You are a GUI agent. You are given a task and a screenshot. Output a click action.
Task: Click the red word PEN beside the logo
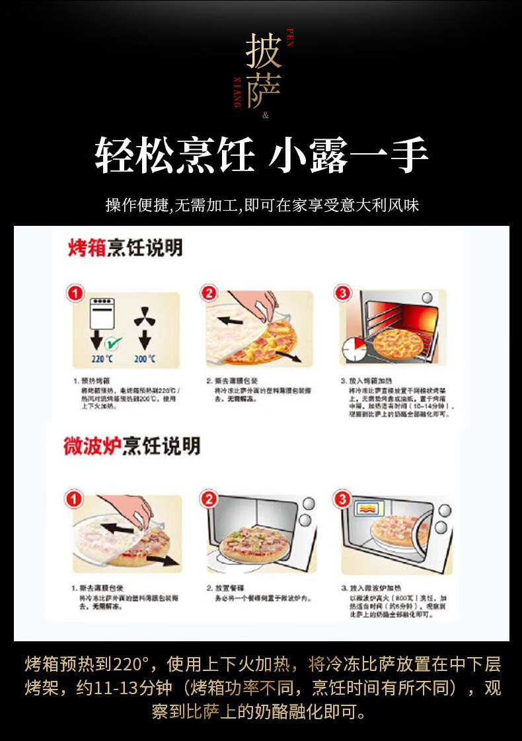click(289, 38)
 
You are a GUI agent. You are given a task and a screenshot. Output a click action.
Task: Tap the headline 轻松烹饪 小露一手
click(261, 155)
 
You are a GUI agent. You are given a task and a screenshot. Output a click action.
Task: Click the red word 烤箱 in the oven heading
click(87, 248)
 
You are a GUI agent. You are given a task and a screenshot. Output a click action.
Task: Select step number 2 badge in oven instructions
click(209, 293)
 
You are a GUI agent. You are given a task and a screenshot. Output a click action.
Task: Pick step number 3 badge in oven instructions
click(342, 293)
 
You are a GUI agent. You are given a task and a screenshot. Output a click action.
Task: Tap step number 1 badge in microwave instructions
click(75, 499)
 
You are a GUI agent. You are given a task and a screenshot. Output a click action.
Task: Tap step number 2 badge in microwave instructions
click(209, 499)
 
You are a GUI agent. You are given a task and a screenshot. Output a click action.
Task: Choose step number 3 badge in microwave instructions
click(342, 499)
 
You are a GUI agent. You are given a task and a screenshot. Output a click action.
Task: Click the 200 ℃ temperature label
click(145, 359)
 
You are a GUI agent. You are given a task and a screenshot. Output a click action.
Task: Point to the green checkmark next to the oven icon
click(114, 343)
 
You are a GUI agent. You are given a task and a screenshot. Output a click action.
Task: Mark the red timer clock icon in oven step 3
click(354, 349)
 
